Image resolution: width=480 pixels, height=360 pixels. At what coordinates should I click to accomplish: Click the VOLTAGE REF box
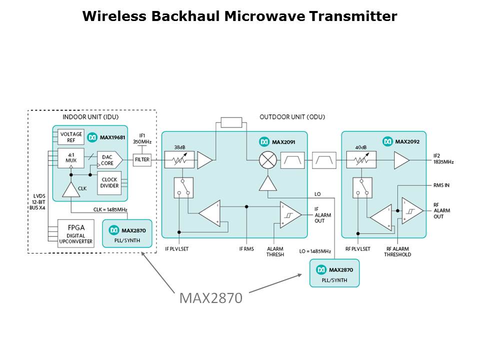(71, 137)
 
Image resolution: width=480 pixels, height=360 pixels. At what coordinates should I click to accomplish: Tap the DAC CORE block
(108, 159)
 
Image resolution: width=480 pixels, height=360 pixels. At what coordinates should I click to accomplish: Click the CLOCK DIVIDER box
(109, 182)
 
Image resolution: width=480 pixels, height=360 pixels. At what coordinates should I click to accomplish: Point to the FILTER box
(142, 159)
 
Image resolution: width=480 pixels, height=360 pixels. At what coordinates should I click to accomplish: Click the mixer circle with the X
(268, 160)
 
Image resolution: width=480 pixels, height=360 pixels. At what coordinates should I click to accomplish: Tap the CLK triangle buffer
(71, 188)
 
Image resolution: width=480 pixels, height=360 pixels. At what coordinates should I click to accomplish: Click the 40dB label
(360, 147)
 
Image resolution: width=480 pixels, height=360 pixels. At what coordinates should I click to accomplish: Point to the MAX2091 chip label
(283, 142)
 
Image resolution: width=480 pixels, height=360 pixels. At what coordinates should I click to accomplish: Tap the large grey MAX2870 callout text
(211, 298)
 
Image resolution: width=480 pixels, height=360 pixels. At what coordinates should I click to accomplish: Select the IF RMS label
(246, 248)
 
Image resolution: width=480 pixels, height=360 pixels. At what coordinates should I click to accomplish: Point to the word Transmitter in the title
(353, 16)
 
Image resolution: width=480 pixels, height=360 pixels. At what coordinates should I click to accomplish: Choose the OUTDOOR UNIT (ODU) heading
(292, 117)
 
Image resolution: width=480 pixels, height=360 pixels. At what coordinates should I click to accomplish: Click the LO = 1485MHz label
(315, 251)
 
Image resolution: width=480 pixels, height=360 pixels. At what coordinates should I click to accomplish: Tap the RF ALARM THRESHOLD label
(397, 251)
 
